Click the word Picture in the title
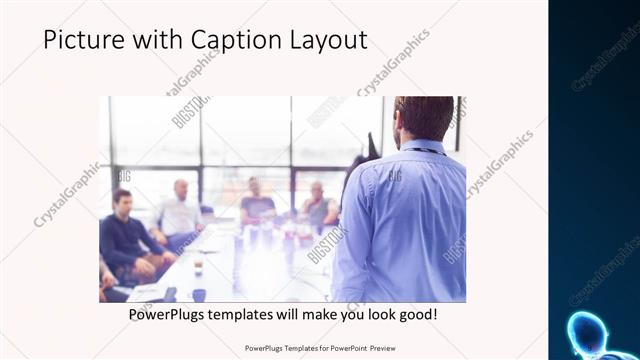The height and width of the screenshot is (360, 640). [x=81, y=40]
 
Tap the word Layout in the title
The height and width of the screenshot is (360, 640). [x=327, y=40]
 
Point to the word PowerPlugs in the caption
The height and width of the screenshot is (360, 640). [x=168, y=314]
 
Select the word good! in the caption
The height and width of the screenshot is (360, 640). [x=416, y=314]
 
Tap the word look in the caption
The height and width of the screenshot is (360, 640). [x=374, y=314]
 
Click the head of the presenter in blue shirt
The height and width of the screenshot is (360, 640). [x=422, y=118]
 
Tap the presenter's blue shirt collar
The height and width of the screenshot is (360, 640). [x=419, y=147]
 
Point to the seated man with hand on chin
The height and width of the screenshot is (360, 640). [x=318, y=205]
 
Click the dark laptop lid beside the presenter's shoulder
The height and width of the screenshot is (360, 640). [x=371, y=150]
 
